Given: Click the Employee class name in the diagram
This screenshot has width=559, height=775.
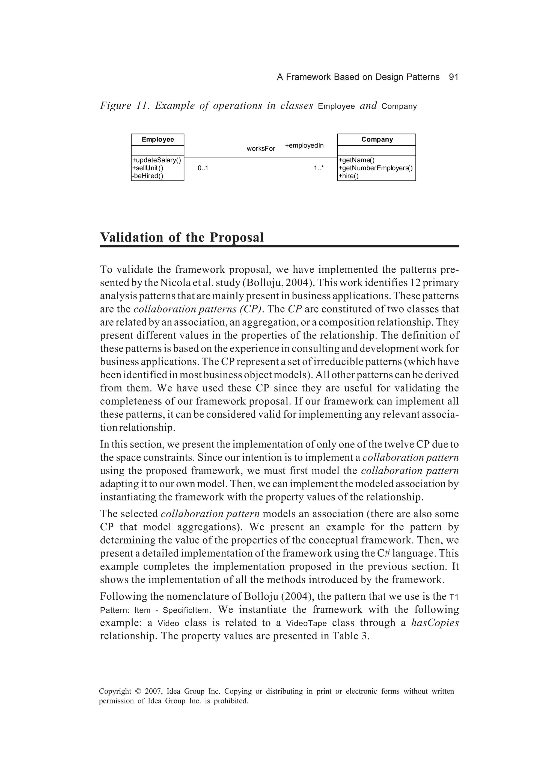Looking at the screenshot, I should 157,139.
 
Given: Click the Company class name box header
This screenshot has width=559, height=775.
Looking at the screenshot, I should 377,139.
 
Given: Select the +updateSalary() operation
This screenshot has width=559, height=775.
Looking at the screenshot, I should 156,160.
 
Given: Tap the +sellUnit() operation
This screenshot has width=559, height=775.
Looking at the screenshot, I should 147,168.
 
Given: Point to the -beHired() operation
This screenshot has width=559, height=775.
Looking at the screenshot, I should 147,176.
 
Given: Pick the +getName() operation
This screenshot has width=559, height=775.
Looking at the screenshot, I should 356,160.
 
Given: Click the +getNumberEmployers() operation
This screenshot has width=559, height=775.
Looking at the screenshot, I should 375,168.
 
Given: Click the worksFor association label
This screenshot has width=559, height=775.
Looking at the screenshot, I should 261,149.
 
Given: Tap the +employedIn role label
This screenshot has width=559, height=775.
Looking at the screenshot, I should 304,146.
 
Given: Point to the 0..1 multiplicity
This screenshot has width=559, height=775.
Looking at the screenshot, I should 203,168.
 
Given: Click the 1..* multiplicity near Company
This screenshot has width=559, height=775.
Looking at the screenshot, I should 319,168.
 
